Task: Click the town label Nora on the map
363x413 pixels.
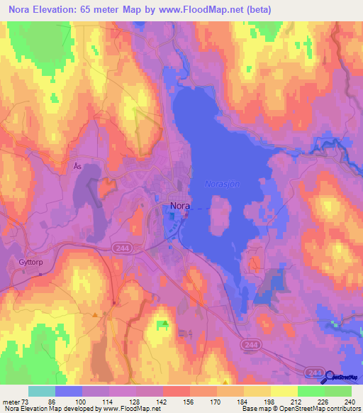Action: tap(180, 207)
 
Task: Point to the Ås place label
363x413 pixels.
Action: tap(78, 166)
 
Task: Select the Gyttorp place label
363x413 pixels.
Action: tap(26, 261)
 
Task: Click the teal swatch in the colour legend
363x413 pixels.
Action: tap(42, 391)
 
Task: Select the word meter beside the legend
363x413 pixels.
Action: tap(11, 401)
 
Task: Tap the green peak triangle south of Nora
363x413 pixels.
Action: tap(165, 324)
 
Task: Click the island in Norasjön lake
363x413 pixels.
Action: tap(221, 218)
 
